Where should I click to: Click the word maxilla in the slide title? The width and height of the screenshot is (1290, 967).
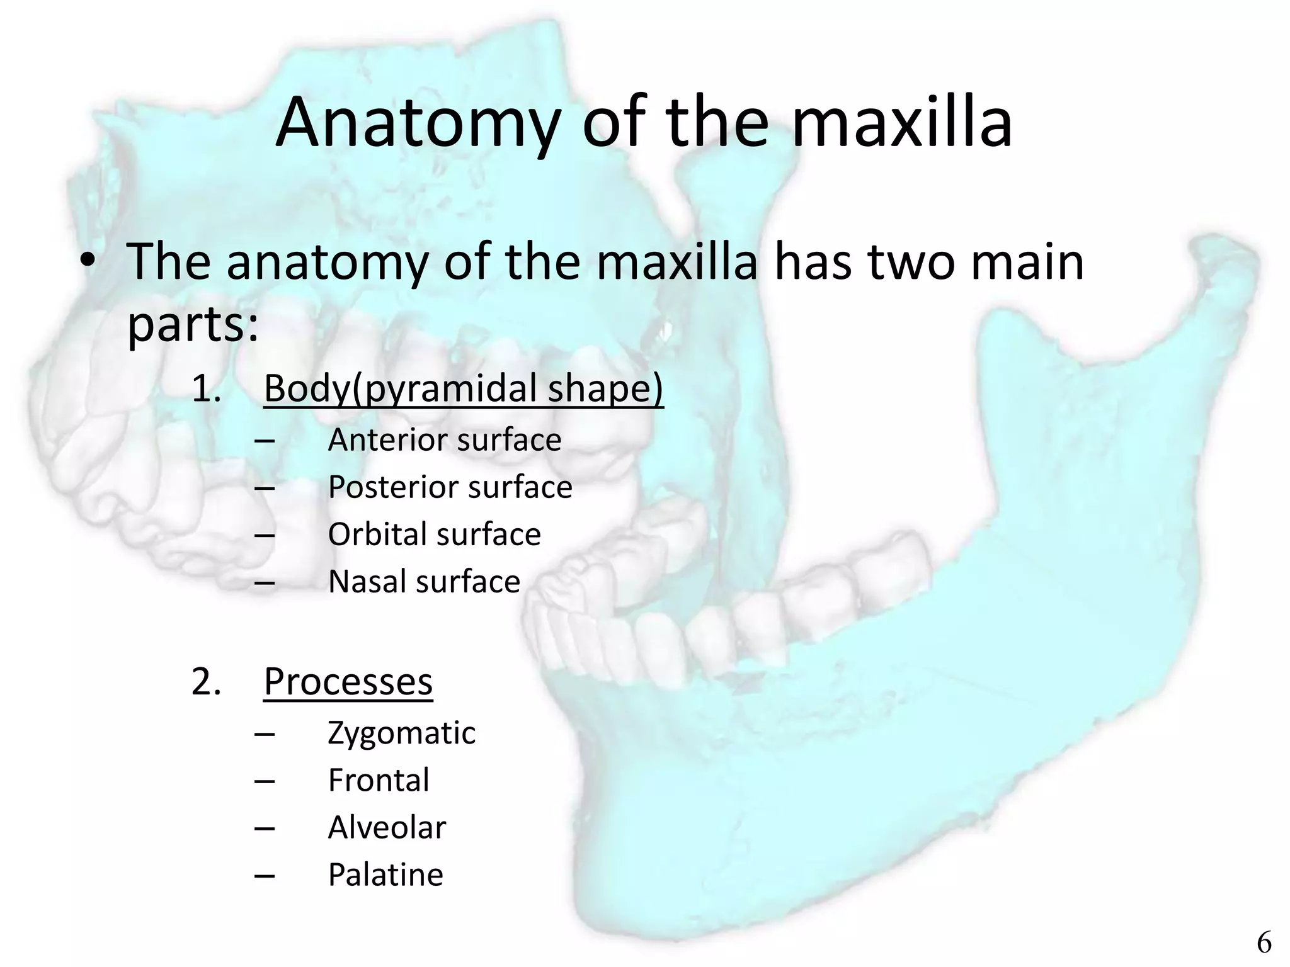coord(901,123)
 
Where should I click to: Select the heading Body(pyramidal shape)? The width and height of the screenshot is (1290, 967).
coord(463,388)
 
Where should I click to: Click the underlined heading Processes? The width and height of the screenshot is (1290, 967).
coord(348,681)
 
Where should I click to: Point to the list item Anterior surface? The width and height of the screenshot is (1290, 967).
coord(444,439)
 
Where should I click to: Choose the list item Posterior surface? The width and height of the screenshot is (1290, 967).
coord(450,487)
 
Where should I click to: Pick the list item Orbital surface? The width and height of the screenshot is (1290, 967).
coord(434,534)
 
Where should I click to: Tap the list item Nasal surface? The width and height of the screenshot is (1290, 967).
coord(424,581)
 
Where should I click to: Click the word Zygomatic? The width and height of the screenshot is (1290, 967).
coord(401,733)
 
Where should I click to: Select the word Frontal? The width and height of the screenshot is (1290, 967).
coord(379,780)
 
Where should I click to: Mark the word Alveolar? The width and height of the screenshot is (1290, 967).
coord(387,827)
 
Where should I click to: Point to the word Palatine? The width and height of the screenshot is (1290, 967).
coord(385,874)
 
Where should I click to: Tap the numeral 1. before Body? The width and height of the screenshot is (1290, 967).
coord(206,388)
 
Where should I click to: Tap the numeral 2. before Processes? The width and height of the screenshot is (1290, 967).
coord(206,682)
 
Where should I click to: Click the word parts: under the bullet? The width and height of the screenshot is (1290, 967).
coord(192,325)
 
